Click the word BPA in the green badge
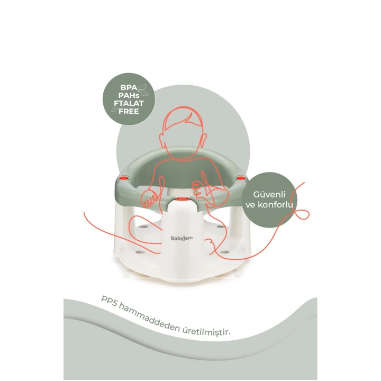[x=129, y=87]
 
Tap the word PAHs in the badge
[x=129, y=95]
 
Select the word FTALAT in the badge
[x=129, y=103]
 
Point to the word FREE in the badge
[x=129, y=111]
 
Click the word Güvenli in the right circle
[x=269, y=194]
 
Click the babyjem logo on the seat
[x=182, y=238]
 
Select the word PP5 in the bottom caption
[x=110, y=301]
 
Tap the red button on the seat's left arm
[x=124, y=178]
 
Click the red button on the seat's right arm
[x=241, y=178]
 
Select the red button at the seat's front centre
[x=182, y=199]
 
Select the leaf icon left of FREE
[x=114, y=110]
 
